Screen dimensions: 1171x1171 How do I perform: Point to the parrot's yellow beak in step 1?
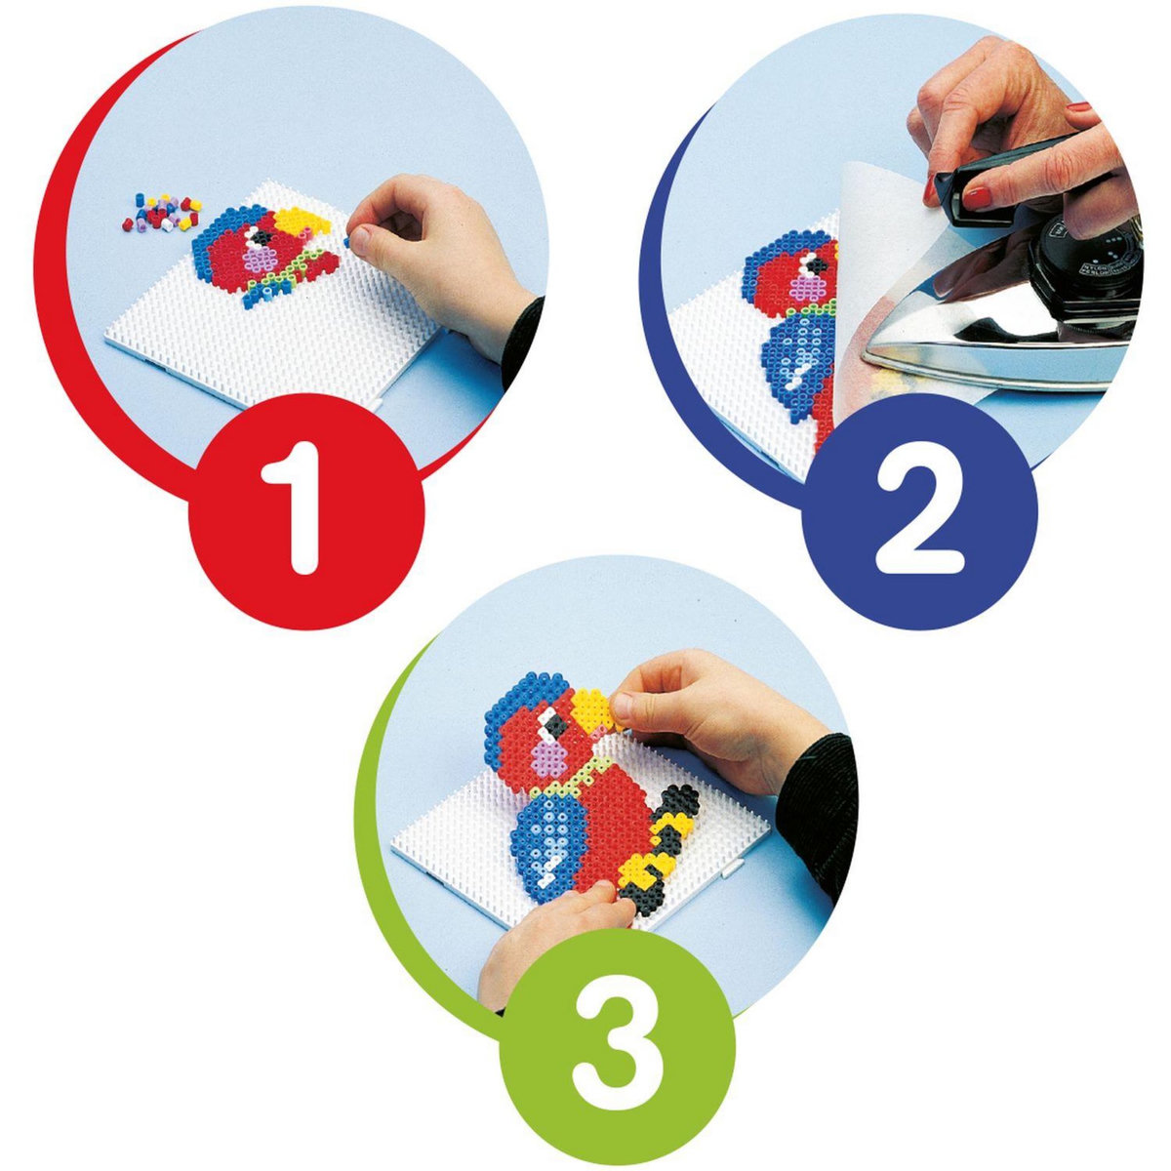point(303,222)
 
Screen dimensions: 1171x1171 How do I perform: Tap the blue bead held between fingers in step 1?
point(347,242)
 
